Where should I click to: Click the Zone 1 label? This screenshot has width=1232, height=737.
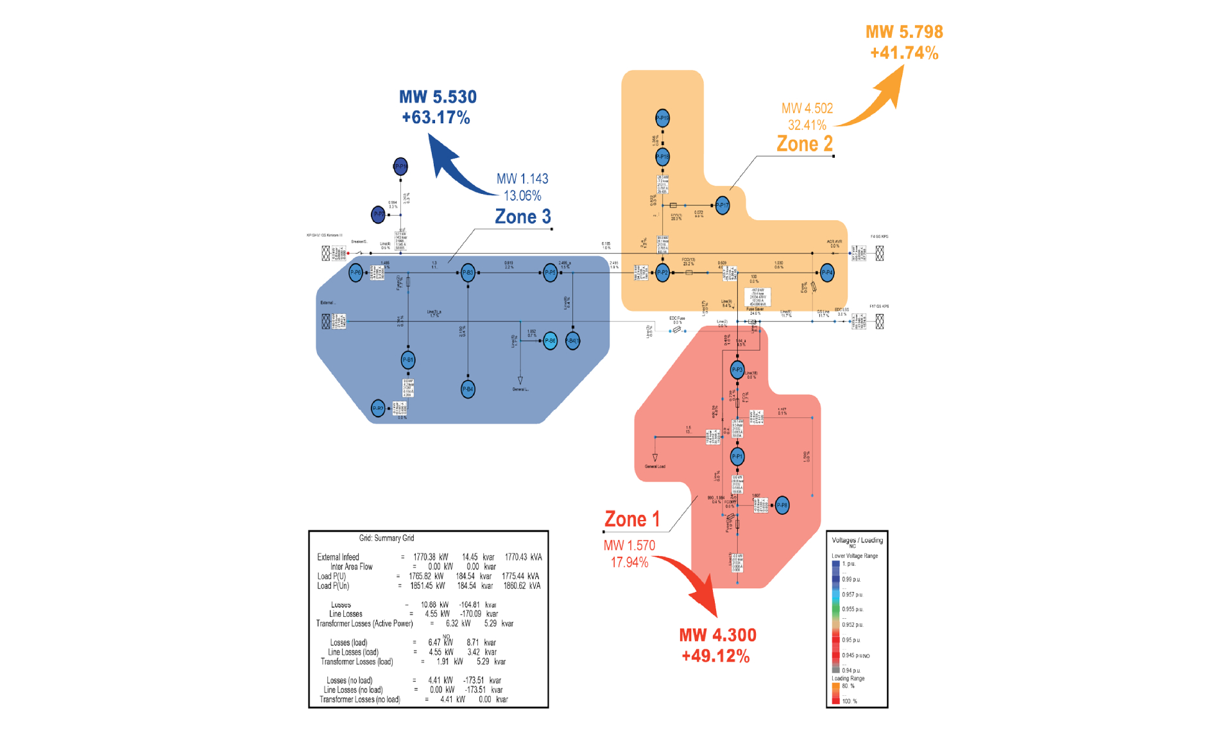(632, 519)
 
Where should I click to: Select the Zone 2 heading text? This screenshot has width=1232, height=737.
(805, 144)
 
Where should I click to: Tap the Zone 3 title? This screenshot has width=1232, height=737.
(522, 217)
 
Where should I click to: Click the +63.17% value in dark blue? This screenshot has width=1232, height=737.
(436, 117)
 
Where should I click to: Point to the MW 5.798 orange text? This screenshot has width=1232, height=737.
(904, 32)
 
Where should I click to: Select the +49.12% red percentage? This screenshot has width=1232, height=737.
(715, 656)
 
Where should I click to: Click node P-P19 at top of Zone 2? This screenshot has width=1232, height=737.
(662, 118)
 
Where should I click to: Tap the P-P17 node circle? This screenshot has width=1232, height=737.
(723, 205)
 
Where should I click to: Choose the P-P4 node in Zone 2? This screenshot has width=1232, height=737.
(827, 273)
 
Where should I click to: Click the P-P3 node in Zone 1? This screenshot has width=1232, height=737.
(737, 370)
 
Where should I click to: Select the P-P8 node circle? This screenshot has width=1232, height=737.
(782, 505)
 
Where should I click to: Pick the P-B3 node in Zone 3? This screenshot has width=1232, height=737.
(468, 273)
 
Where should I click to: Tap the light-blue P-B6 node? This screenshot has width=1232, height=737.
(550, 341)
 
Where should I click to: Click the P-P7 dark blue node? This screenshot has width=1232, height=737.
(379, 214)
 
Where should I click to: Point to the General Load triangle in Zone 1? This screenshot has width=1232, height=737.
(655, 458)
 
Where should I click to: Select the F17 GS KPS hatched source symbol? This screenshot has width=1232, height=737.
(880, 321)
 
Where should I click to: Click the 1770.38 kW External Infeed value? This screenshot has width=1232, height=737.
(431, 557)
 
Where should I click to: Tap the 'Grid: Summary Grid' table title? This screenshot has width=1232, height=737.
(386, 538)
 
